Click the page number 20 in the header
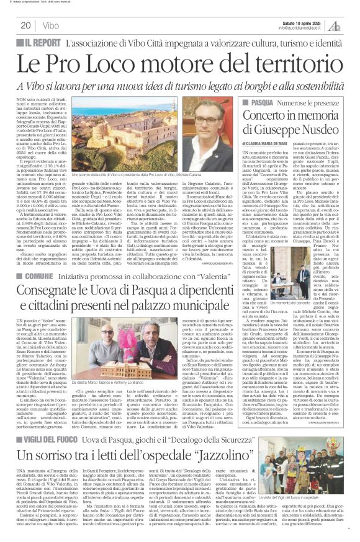(x=25, y=25)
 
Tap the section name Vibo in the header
(x=52, y=25)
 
